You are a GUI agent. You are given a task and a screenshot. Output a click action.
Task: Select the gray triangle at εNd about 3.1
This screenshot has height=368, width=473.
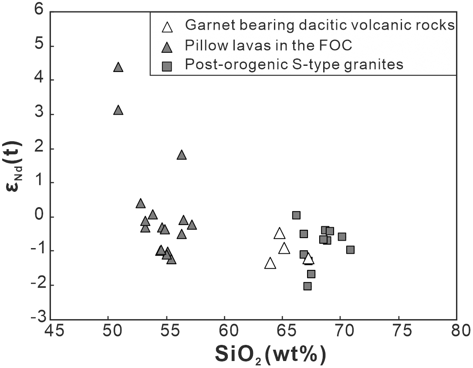pyautogui.click(x=118, y=110)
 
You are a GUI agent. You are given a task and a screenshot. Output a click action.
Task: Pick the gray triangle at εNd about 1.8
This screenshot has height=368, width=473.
pyautogui.click(x=182, y=155)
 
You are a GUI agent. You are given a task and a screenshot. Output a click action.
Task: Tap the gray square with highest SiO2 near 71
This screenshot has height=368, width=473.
pyautogui.click(x=350, y=250)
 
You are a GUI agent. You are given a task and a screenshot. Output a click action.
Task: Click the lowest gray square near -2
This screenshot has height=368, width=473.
pyautogui.click(x=307, y=286)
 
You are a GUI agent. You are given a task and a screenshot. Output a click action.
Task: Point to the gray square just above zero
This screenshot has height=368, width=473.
pyautogui.click(x=296, y=215)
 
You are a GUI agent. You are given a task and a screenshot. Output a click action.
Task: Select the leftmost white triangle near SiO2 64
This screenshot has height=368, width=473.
pyautogui.click(x=270, y=263)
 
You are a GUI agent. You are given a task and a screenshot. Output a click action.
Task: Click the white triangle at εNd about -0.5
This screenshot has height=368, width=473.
pyautogui.click(x=280, y=234)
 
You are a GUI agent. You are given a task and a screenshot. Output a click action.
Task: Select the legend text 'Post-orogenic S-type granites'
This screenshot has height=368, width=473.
pyautogui.click(x=294, y=65)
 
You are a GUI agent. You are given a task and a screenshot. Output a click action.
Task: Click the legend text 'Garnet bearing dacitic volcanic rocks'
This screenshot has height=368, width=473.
pyautogui.click(x=320, y=25)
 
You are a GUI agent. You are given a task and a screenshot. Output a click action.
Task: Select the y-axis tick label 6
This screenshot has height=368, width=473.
pyautogui.click(x=38, y=12)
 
